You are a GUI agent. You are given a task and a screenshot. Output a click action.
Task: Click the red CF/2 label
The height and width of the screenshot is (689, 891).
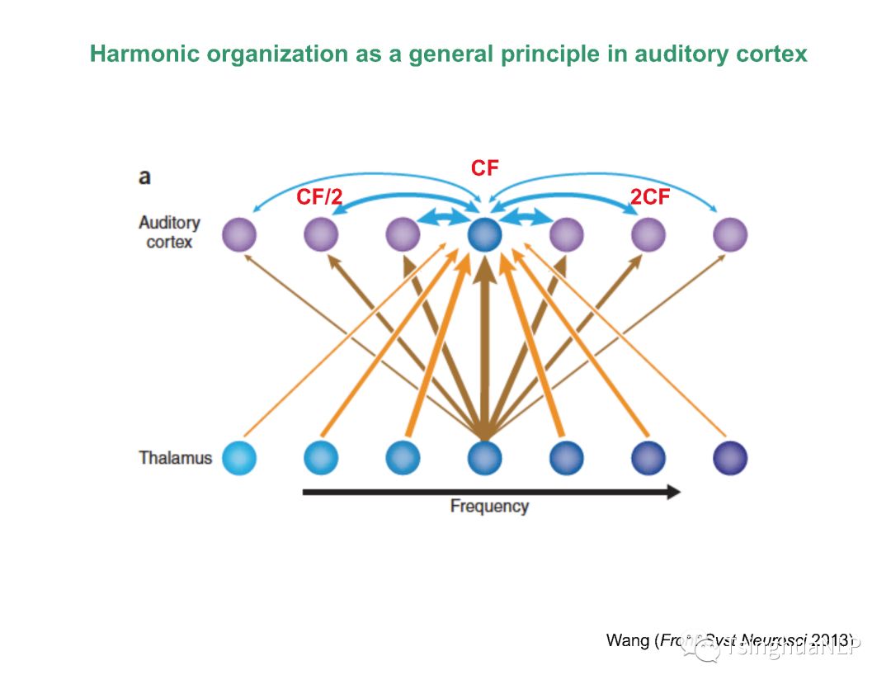coord(318,198)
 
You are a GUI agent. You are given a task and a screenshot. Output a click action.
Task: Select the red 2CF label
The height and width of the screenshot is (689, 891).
coord(649,198)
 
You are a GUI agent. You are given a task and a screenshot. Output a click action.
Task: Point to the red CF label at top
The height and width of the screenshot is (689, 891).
coord(484,169)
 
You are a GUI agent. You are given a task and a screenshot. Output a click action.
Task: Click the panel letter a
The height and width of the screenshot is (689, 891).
coord(145,177)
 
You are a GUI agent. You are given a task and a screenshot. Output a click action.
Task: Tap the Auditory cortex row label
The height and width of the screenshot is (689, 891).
coord(169,232)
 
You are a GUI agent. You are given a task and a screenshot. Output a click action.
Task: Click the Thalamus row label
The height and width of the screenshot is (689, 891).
coord(175,458)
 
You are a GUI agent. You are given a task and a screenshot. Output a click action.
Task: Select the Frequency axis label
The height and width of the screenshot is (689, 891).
coord(489,506)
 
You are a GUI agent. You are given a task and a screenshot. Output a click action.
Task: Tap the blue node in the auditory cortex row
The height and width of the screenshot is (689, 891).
coord(484,235)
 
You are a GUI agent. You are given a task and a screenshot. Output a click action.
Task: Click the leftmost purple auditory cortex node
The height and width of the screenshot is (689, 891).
coord(239,235)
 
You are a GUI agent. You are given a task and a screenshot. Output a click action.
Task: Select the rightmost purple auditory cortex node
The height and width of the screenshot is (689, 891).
coord(730,235)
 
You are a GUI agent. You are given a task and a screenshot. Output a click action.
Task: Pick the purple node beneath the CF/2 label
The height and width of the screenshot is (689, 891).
coord(321,235)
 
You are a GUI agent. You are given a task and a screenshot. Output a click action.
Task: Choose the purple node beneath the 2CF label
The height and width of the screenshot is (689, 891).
coord(648,235)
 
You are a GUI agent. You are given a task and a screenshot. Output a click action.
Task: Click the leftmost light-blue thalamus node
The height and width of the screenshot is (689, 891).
coord(239,458)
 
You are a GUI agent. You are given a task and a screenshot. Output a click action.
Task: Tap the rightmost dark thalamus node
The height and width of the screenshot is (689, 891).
coord(730,458)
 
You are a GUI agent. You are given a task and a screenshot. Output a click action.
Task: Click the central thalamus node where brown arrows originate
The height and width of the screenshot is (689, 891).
coord(484,458)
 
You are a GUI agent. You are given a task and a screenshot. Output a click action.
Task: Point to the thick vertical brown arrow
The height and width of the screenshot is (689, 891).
coord(485,347)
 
